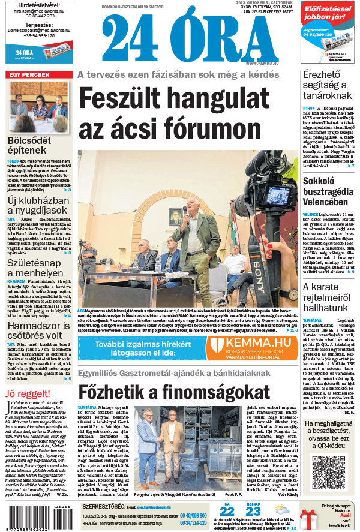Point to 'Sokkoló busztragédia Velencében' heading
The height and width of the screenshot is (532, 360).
(x=331, y=191)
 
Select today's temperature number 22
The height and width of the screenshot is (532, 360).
(x=227, y=511)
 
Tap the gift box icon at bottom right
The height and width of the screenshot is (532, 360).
(x=310, y=517)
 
